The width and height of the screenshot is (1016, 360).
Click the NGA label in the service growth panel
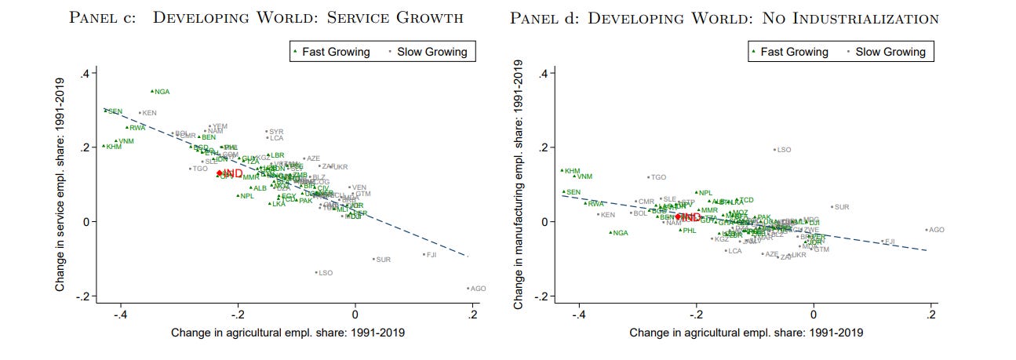[x=162, y=92]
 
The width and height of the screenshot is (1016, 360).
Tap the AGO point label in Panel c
[x=478, y=289]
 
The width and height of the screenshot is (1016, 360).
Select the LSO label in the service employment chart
[x=326, y=273]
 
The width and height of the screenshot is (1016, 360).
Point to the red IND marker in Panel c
[x=220, y=173]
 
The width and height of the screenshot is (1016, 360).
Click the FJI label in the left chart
[x=431, y=255]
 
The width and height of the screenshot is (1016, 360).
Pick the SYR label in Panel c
[x=276, y=132]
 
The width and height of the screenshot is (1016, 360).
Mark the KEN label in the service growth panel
[x=149, y=113]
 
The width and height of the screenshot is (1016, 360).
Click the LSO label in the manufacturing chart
[x=784, y=149]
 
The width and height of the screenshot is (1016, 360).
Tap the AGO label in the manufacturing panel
[x=936, y=230]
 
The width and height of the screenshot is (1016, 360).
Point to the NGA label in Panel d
[x=620, y=233]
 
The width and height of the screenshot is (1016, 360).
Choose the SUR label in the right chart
[x=842, y=207]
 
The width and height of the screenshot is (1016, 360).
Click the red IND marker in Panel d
[x=679, y=216]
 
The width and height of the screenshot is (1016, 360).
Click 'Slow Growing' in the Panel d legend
[x=890, y=53]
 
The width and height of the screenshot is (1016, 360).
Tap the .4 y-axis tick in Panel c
[x=90, y=74]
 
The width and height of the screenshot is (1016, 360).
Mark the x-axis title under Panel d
[x=746, y=333]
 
